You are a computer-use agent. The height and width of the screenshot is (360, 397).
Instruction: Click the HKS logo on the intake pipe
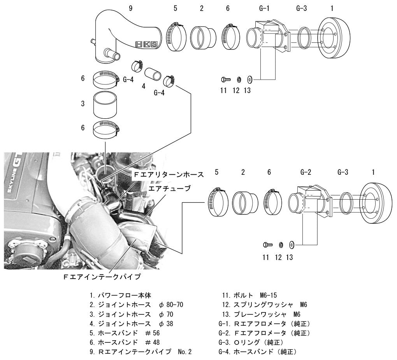(x=147, y=44)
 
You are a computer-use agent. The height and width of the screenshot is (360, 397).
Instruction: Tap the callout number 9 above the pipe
(x=130, y=8)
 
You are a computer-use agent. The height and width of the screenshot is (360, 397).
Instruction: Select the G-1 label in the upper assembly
(x=264, y=8)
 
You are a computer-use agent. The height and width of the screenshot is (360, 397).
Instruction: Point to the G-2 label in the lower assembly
(x=306, y=172)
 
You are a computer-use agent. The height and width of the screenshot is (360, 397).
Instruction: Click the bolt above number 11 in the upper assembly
(x=226, y=79)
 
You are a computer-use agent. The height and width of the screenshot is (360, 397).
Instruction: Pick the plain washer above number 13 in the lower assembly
(x=291, y=245)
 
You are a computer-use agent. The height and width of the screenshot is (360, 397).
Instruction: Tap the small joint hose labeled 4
(x=153, y=74)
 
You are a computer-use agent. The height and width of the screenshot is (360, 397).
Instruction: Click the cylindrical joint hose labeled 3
(x=105, y=105)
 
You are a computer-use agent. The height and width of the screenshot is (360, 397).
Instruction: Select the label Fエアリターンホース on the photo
(x=169, y=174)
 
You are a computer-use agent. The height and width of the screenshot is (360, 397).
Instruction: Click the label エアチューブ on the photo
(x=169, y=188)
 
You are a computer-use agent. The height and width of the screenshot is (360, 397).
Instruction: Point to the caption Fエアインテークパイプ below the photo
(x=102, y=276)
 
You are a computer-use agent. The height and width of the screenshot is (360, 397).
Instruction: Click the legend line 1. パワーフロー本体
(x=121, y=295)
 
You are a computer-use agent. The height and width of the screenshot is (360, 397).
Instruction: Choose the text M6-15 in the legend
(x=269, y=295)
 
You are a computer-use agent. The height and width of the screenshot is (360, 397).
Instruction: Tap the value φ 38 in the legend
(x=166, y=323)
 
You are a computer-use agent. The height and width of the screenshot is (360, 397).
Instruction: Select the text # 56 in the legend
(x=153, y=333)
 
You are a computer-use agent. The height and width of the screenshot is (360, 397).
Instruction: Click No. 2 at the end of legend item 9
(x=185, y=352)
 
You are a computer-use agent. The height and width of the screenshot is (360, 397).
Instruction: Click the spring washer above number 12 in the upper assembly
(x=239, y=80)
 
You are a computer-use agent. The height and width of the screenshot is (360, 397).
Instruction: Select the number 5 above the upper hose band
(x=175, y=8)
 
